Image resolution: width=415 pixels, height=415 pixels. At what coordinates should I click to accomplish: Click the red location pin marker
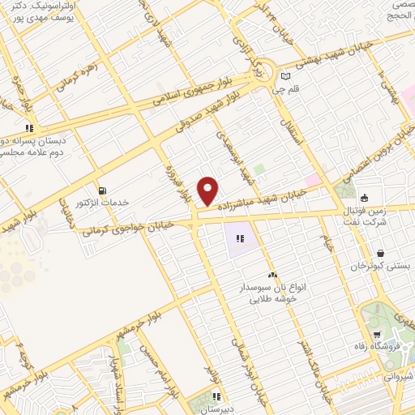pyautogui.click(x=209, y=190)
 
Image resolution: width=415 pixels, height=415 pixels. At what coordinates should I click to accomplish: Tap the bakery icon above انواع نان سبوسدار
pyautogui.click(x=272, y=276)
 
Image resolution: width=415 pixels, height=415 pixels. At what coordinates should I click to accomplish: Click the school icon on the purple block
pyautogui.click(x=240, y=238)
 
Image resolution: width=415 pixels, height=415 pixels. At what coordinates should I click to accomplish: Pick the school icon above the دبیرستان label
pyautogui.click(x=216, y=396)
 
